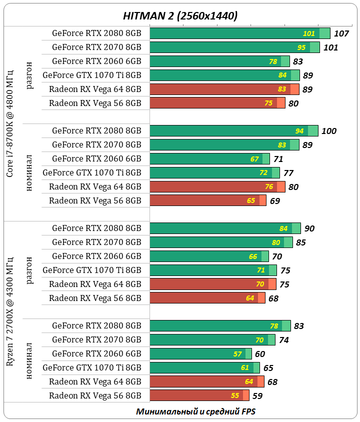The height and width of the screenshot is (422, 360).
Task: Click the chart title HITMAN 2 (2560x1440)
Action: click(x=180, y=15)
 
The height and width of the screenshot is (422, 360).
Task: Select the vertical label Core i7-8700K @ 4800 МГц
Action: click(x=10, y=123)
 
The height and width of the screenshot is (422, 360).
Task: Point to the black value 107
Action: click(x=341, y=34)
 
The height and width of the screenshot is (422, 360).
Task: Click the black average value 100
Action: click(x=329, y=131)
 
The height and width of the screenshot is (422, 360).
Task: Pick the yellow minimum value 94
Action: click(x=299, y=131)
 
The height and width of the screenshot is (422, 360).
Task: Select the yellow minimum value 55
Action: click(x=235, y=395)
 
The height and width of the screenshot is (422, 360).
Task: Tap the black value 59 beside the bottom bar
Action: click(x=257, y=395)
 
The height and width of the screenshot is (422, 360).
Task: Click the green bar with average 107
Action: click(x=240, y=33)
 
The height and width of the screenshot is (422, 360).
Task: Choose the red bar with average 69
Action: click(x=208, y=200)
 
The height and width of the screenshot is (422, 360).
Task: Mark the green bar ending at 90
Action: click(x=225, y=228)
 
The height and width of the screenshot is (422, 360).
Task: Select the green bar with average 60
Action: click(x=200, y=353)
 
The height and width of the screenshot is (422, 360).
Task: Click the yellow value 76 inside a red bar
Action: click(x=268, y=187)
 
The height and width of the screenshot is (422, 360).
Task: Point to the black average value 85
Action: click(x=301, y=242)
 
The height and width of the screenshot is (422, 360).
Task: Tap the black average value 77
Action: click(x=288, y=173)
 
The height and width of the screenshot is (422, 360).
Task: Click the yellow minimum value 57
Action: click(x=238, y=353)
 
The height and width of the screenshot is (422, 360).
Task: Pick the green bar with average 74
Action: click(x=212, y=339)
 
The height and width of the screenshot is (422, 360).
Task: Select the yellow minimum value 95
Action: click(x=301, y=47)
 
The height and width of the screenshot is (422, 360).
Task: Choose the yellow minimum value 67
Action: click(x=254, y=159)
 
